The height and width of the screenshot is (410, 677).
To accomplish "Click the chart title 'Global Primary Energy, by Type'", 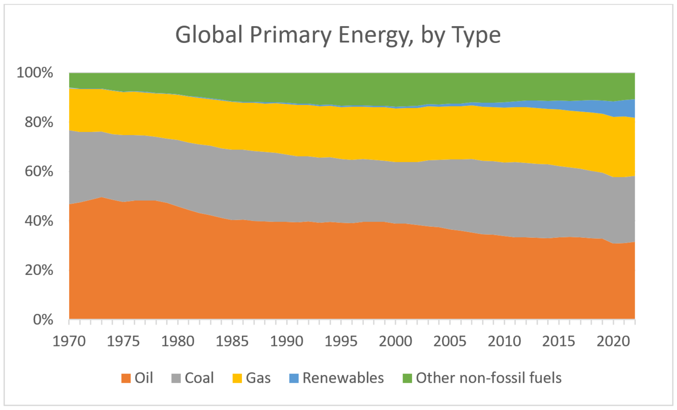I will point(338,35).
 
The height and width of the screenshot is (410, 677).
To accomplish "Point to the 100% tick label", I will point(35,72).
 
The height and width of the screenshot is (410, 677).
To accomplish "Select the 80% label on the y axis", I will point(39,122).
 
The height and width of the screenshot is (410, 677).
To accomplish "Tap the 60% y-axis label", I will point(39,171).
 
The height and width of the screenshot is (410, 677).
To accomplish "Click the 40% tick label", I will point(39,221).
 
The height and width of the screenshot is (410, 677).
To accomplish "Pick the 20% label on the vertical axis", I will point(39,270).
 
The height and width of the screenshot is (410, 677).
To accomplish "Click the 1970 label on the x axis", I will point(69,341).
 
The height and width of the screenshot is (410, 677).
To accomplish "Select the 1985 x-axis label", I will point(232,341).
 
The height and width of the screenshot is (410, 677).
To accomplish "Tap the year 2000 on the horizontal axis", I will point(395,341).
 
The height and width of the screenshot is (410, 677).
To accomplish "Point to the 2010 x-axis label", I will point(504,341).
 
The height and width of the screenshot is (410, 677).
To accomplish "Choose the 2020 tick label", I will point(613,341).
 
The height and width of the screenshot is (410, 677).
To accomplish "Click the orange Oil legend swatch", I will point(126,378).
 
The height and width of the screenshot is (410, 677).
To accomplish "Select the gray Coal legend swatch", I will point(176,378).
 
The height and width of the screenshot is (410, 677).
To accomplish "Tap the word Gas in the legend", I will point(258,378).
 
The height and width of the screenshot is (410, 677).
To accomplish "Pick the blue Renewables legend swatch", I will point(294,378).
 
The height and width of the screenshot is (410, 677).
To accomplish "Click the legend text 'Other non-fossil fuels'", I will point(489,378).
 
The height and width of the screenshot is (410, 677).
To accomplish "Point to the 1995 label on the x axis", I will point(341,341).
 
